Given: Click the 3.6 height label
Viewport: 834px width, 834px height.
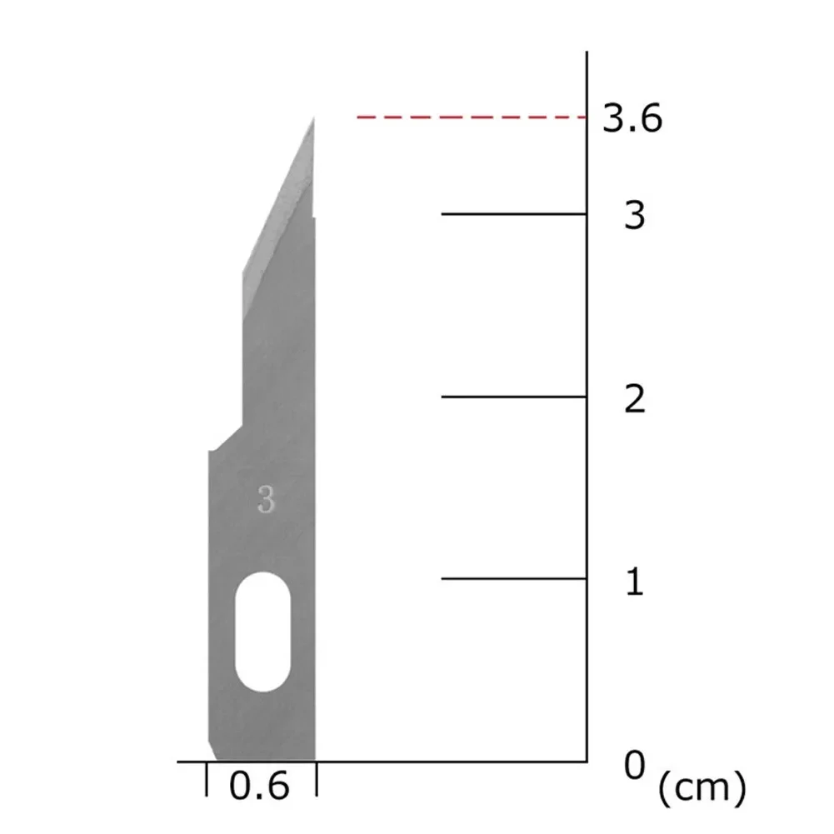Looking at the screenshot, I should (x=632, y=119).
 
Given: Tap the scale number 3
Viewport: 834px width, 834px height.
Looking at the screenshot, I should (x=635, y=216).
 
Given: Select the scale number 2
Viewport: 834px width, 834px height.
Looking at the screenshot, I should (x=635, y=399).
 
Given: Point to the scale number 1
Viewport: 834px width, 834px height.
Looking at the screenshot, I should (x=635, y=582).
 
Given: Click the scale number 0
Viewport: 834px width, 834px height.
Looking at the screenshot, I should (x=635, y=764).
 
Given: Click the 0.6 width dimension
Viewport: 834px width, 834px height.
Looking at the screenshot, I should (x=258, y=787).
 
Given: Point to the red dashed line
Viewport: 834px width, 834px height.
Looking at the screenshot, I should (x=471, y=117).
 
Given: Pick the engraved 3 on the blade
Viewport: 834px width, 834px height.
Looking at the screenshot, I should (x=266, y=501).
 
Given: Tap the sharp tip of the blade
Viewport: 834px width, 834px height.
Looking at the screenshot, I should (x=313, y=120).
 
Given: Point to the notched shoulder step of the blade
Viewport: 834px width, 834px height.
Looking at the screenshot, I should (x=225, y=438).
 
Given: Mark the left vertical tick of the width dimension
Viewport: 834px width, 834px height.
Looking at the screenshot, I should (x=207, y=780).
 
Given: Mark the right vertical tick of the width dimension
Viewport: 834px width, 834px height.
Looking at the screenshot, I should (x=317, y=780).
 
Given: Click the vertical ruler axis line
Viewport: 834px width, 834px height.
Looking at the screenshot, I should (x=587, y=417).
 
